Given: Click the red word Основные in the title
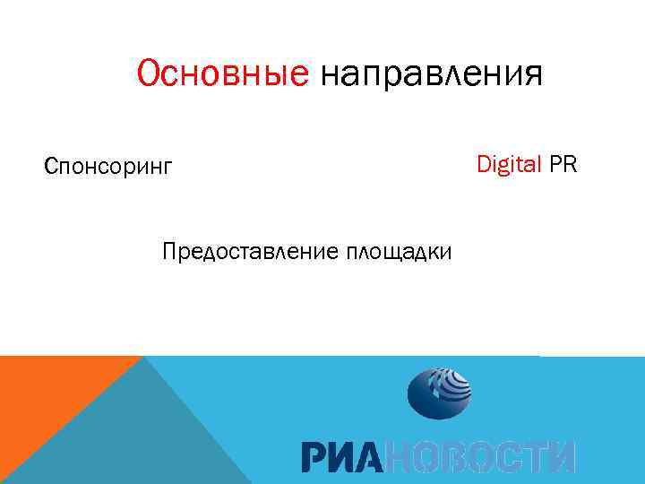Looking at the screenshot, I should tap(222, 74).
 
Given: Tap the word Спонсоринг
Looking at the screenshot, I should tap(107, 167).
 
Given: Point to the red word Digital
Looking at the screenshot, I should tap(509, 164).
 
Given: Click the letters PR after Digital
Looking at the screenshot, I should tap(563, 164).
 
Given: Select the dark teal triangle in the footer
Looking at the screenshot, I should tap(152, 430).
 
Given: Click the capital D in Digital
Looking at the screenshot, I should tap(483, 164).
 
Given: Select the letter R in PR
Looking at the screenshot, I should tap(570, 164).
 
